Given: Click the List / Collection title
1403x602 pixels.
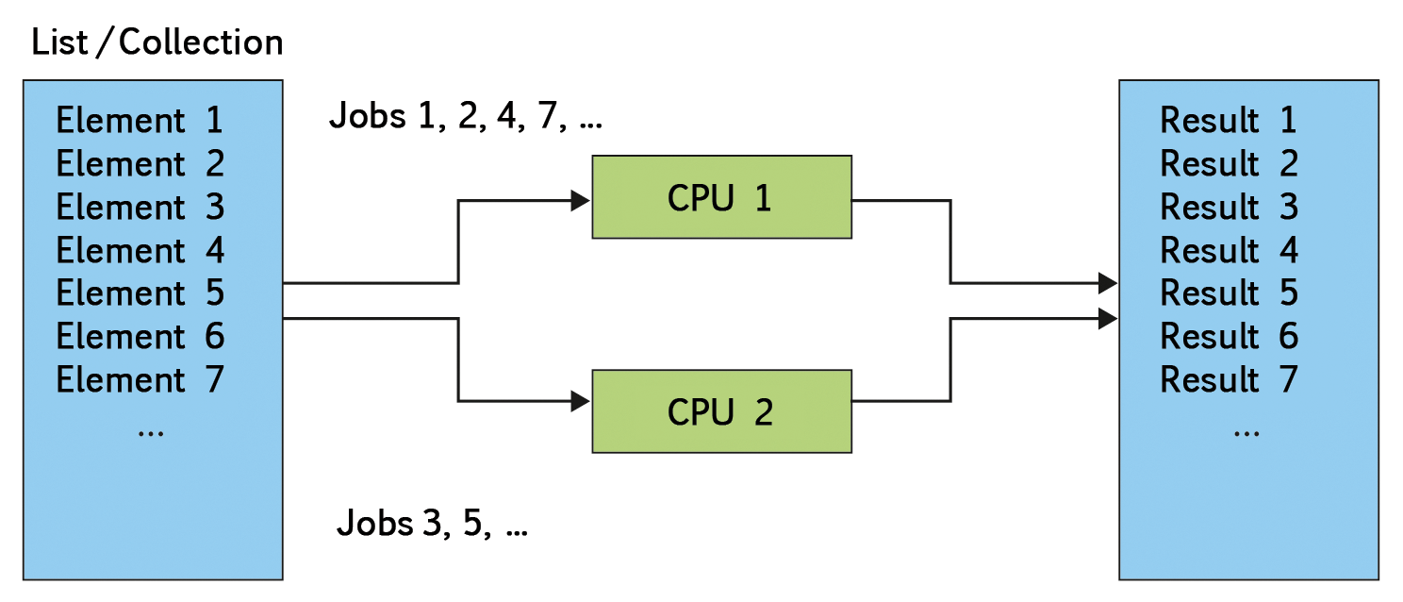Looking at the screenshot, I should click(157, 42).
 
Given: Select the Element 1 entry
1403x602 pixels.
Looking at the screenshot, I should click(140, 121).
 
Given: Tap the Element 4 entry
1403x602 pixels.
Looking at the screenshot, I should click(140, 251).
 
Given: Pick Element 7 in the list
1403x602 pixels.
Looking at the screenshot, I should click(140, 380).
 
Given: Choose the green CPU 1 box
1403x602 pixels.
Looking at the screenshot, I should click(721, 197).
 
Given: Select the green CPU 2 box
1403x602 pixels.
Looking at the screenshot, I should click(721, 411).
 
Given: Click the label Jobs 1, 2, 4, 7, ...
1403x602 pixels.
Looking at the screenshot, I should click(465, 118).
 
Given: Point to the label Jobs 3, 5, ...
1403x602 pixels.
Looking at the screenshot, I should click(432, 523).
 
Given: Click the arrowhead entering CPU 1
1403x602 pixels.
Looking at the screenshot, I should click(581, 200).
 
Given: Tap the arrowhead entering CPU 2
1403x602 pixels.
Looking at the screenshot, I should click(581, 401).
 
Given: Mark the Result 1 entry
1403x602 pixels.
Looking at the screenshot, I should click(1229, 121).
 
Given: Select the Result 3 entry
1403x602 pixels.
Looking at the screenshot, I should click(1229, 208).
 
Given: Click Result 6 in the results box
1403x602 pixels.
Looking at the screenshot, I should click(1229, 337).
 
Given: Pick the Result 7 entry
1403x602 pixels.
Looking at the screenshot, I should click(1229, 380).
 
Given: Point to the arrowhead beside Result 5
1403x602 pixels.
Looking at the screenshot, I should click(1108, 282).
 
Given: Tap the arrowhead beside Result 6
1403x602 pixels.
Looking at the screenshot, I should click(1108, 319).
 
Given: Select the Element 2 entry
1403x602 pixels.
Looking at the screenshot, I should click(140, 164).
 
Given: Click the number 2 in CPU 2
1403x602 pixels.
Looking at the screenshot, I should click(763, 412).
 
